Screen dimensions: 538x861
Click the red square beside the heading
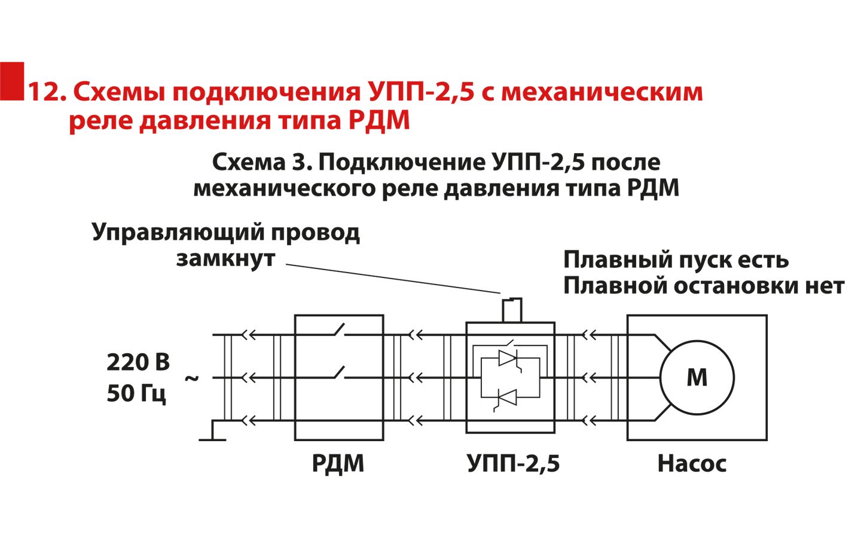12,81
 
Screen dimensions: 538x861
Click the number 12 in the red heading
45,92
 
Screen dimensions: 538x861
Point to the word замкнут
225,259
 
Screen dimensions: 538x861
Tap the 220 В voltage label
138,362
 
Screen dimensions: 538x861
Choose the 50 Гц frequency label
136,393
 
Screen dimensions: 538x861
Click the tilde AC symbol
192,378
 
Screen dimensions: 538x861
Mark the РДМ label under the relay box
338,463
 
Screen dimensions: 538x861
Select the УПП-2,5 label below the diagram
513,463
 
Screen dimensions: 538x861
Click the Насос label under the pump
692,463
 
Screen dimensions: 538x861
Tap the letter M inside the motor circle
697,378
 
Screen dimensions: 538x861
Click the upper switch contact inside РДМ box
338,330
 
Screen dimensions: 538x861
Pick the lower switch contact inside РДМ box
338,373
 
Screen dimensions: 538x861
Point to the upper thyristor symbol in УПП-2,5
508,358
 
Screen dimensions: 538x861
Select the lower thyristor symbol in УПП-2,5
508,396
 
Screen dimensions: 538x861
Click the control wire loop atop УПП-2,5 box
511,310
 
